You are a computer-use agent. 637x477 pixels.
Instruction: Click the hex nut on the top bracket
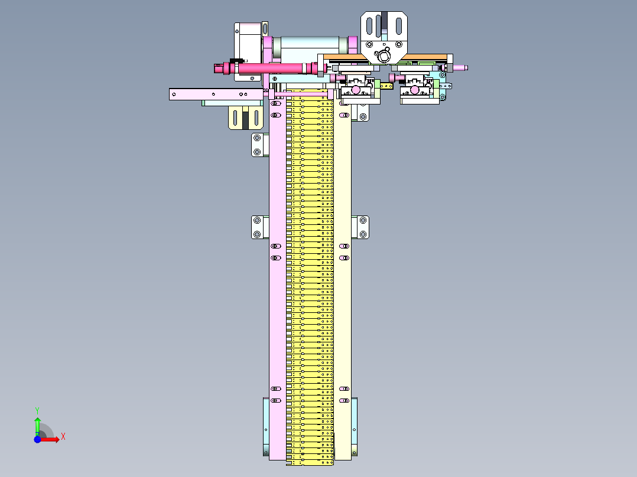(384, 57)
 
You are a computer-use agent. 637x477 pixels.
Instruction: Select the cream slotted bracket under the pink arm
(246, 117)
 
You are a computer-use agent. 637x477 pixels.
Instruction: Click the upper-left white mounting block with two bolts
(257, 145)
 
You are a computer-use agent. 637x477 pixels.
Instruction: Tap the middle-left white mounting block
(257, 227)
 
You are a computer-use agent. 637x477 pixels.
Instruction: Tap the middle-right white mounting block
(362, 227)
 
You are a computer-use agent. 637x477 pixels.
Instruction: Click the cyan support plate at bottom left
(265, 426)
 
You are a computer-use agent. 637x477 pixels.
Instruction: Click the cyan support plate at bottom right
(354, 426)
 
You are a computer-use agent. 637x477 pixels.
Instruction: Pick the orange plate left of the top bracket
(343, 57)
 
